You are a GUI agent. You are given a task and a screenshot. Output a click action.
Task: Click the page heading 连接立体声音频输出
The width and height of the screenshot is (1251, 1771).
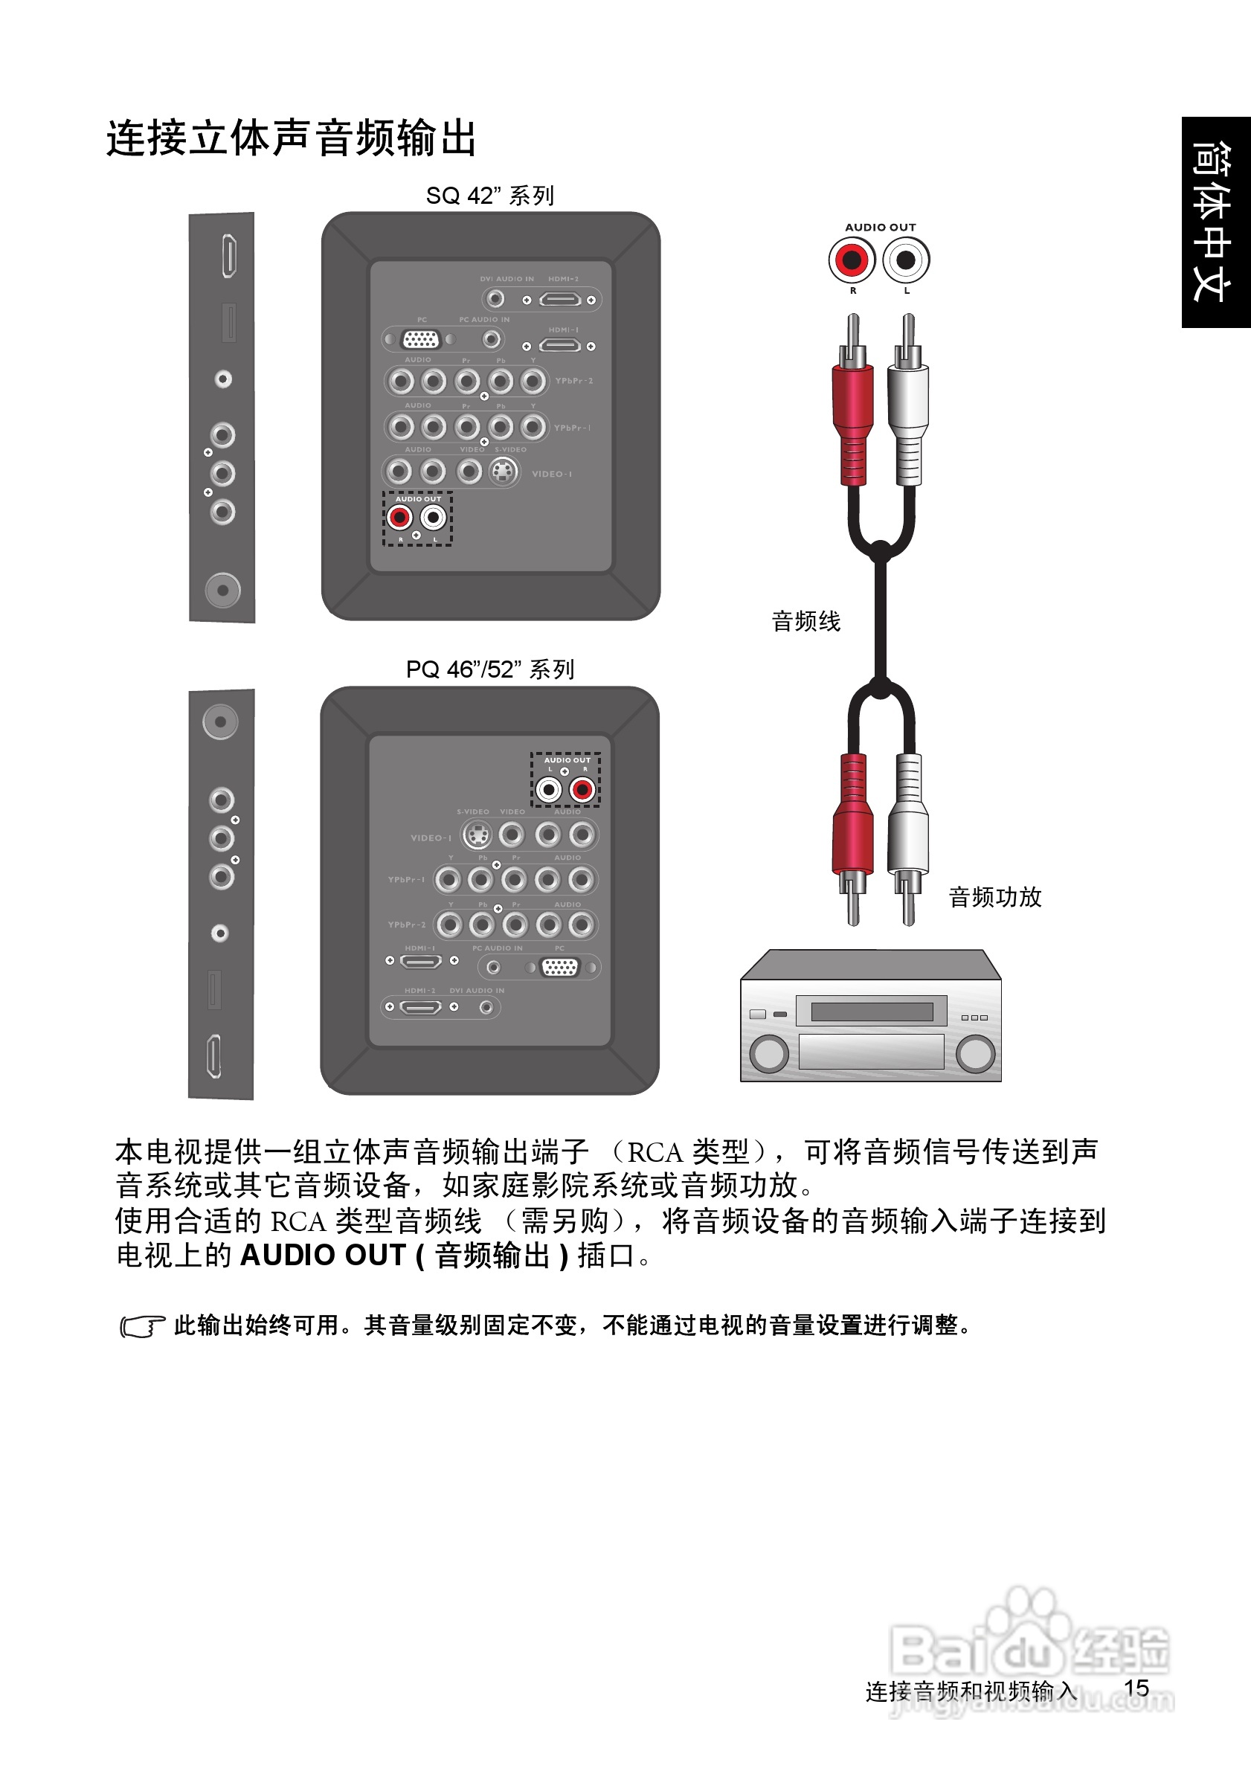tap(291, 139)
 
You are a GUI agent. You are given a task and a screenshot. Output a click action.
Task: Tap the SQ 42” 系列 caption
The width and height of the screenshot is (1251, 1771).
tap(489, 196)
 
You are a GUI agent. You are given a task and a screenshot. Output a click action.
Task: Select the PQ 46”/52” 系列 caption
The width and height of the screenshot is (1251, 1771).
tap(489, 669)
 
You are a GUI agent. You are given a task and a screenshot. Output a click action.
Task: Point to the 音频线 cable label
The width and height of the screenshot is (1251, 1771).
tap(806, 621)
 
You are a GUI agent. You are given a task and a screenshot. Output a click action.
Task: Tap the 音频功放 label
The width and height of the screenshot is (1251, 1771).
tap(995, 897)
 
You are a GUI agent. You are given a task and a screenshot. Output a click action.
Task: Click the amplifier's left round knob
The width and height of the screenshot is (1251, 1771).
tap(770, 1053)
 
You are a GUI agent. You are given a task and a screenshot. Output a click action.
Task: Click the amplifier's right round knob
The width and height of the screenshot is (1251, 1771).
tap(975, 1053)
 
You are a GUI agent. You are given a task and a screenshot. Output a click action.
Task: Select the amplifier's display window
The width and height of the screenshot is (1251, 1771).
tap(872, 1012)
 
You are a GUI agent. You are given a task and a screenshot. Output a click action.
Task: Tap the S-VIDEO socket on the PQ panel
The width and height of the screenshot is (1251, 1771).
tap(477, 835)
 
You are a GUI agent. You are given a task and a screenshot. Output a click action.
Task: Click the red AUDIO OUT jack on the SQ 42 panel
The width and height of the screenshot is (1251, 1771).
tap(400, 518)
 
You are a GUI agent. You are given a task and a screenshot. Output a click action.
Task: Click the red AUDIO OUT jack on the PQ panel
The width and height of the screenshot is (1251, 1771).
tap(582, 790)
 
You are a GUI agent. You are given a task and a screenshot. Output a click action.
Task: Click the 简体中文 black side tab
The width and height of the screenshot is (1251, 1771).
tap(1215, 222)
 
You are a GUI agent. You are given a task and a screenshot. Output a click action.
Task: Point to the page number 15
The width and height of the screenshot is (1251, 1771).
tap(1136, 1688)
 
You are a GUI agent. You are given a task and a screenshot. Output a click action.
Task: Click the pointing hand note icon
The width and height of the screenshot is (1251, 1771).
tap(142, 1326)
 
